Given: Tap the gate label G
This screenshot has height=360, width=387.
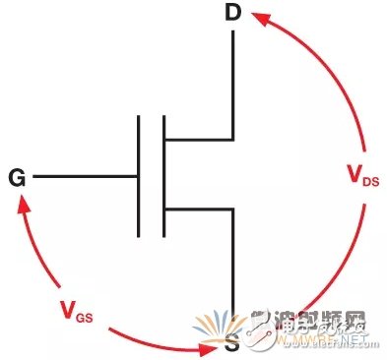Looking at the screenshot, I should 17,178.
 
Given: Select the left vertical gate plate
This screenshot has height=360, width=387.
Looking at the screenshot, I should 139,178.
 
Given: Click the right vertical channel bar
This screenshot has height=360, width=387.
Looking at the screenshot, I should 163,178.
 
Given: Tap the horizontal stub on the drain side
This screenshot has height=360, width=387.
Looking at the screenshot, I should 198,139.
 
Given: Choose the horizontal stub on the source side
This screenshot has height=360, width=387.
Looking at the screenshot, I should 198,209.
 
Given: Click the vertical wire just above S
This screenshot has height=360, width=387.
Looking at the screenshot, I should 233,266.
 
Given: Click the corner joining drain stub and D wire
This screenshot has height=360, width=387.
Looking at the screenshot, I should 233,139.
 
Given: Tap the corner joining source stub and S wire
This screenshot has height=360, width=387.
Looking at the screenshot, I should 233,209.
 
